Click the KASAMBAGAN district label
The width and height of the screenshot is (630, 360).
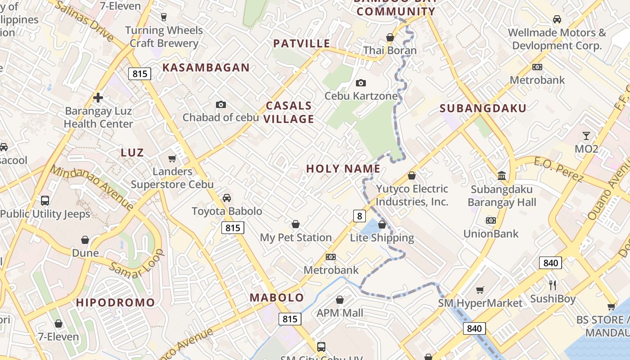(206, 67)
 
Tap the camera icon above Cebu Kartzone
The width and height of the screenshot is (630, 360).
(360, 83)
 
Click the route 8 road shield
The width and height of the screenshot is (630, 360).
(359, 216)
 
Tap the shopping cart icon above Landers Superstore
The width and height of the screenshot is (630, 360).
(172, 158)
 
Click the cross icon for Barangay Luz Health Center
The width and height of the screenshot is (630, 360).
(98, 97)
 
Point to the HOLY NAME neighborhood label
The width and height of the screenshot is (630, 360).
(343, 169)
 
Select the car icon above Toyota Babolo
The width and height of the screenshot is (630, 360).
(227, 198)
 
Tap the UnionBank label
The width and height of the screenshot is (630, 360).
(491, 234)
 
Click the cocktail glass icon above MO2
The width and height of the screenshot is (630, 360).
(586, 135)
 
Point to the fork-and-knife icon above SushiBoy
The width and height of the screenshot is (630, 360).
(553, 285)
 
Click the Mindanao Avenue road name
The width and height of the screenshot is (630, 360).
(92, 188)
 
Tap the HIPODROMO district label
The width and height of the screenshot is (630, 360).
(115, 302)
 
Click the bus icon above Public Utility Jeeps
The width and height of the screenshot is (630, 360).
(45, 201)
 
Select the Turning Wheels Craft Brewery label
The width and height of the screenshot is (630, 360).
(164, 37)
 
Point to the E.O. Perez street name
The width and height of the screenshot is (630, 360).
(558, 170)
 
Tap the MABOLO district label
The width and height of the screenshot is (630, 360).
(277, 297)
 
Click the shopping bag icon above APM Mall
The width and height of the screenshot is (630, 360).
(340, 300)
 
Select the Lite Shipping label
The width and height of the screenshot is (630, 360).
(382, 238)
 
